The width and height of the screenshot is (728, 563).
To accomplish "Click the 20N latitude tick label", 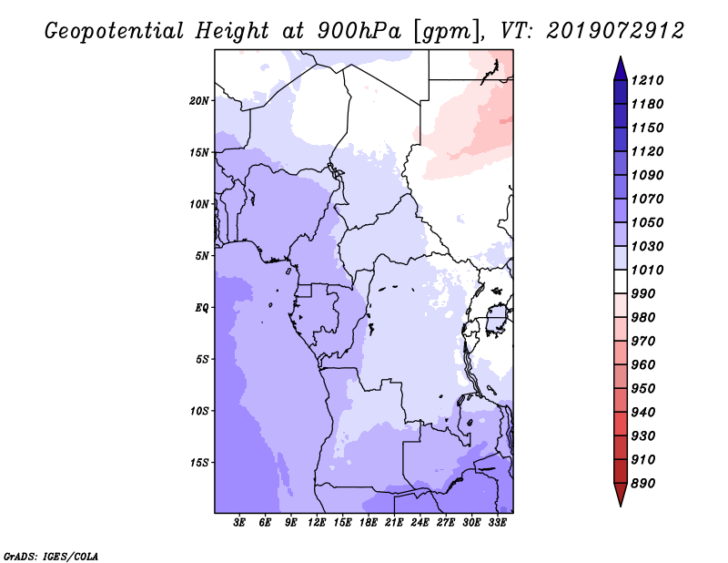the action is point(199,101).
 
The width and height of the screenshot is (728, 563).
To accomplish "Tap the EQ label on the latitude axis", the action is point(202,308).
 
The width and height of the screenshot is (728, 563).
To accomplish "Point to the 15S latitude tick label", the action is point(199,463).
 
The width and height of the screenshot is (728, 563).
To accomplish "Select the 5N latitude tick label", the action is point(202,256).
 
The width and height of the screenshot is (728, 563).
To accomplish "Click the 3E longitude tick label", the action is point(239,523).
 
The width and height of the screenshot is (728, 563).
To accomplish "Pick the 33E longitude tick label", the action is point(497,523).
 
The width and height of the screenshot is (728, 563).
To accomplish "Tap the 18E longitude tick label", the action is point(369,523).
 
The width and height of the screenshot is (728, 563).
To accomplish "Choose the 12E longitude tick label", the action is point(317,523).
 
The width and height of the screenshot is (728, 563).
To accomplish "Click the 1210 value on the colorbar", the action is point(647,80).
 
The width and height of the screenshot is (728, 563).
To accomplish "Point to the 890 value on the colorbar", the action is point(643,484).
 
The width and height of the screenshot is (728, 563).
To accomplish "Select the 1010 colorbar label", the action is point(647,270).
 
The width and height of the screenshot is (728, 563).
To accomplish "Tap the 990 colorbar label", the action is point(643,294).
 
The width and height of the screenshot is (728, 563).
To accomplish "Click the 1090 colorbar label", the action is point(647,175).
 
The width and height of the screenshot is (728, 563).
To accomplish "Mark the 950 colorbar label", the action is point(643,389).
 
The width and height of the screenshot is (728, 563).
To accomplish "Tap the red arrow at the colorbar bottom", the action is point(621,494).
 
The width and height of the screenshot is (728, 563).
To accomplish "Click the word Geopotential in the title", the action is point(115,32).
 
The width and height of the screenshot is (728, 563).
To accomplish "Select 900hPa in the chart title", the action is point(359,31).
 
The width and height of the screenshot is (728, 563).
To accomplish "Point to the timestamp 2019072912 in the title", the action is point(615,31).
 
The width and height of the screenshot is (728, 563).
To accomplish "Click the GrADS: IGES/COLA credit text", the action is point(51,557).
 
